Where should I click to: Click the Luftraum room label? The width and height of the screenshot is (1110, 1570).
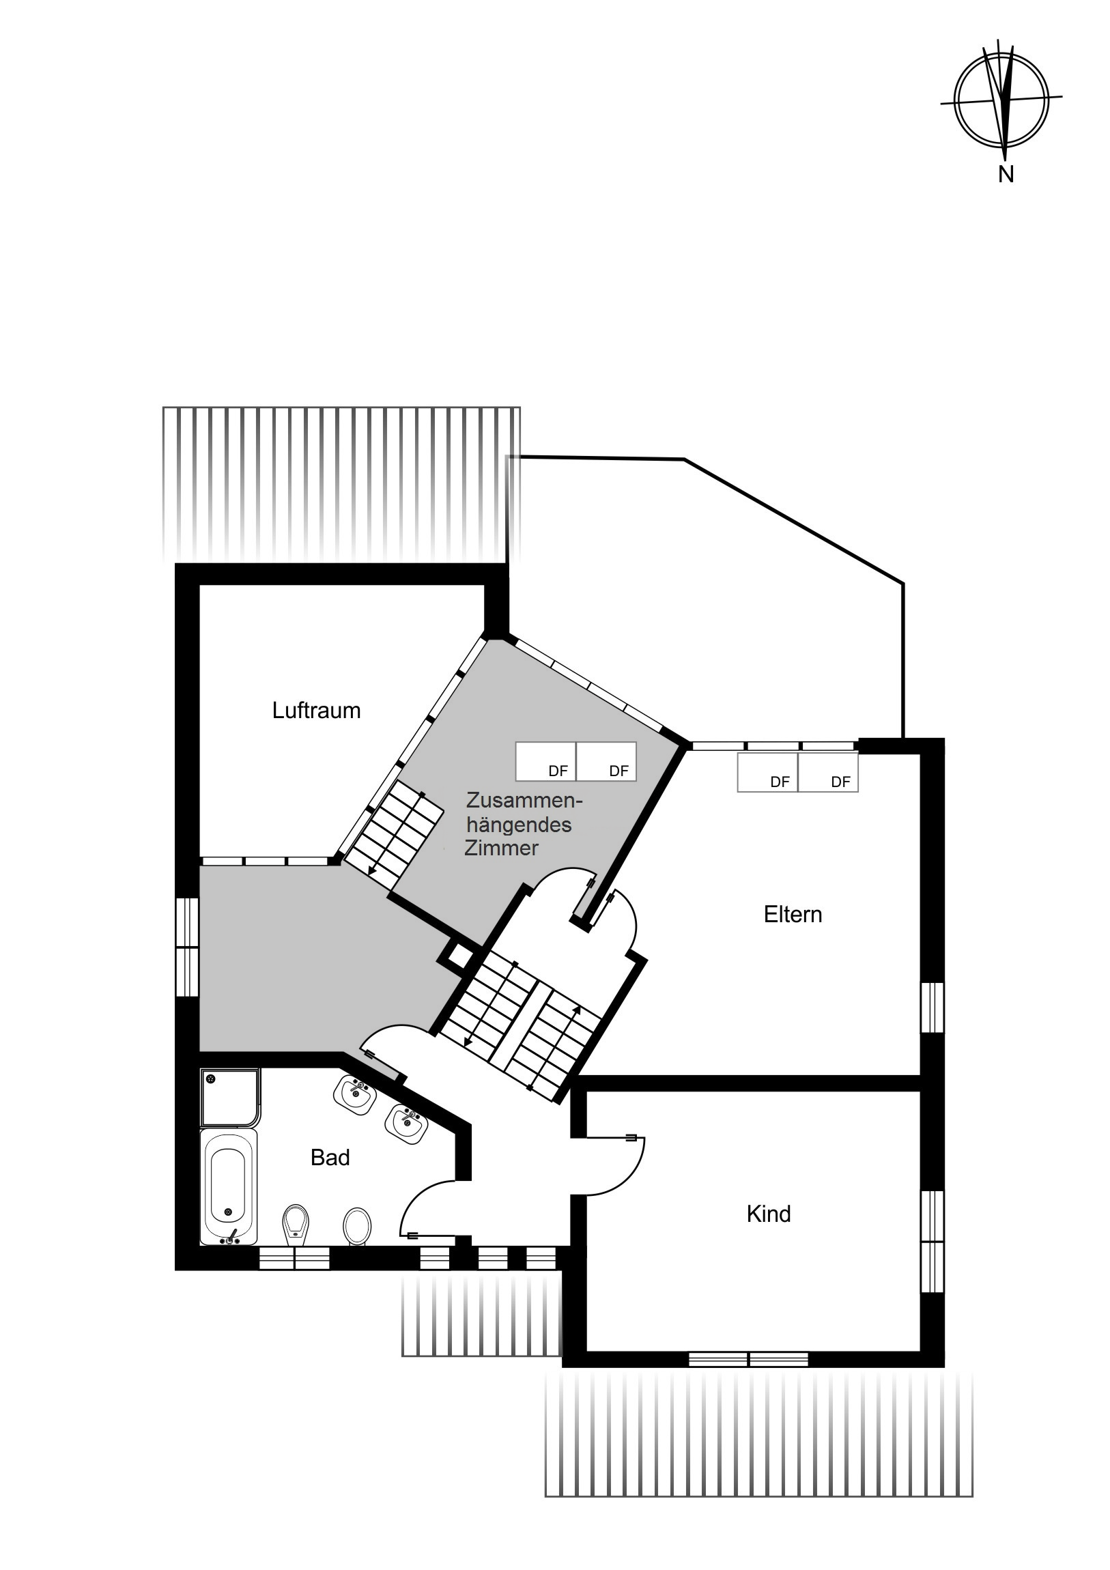point(316,711)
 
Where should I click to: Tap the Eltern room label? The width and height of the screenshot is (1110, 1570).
point(793,914)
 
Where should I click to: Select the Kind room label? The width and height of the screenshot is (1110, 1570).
point(769,1214)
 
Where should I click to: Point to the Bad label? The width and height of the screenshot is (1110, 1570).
point(330,1157)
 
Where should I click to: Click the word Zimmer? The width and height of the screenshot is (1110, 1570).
point(501,848)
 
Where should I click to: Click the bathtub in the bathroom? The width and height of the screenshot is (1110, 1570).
point(229,1186)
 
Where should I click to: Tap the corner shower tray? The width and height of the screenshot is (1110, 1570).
point(231,1098)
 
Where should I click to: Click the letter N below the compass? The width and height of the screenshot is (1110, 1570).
point(1006,174)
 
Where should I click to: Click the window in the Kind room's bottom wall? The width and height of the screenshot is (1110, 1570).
point(748,1358)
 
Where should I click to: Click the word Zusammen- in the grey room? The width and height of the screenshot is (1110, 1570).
point(524,800)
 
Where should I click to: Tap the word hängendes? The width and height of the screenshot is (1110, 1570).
point(519,825)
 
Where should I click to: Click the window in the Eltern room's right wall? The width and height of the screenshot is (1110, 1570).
point(932,1008)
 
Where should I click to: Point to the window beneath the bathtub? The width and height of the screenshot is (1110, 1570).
point(294,1258)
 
